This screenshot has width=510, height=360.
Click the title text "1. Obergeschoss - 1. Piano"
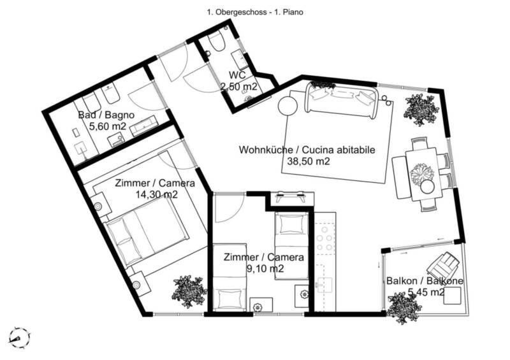click(255, 12)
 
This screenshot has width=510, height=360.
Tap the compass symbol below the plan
click(20, 338)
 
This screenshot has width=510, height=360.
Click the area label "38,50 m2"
click(309, 161)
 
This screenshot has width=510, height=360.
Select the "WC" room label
click(237, 75)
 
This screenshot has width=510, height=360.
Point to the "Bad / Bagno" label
click(106, 115)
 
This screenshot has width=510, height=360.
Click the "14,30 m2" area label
click(156, 194)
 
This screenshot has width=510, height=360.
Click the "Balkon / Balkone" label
click(425, 280)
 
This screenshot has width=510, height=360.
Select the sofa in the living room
click(342, 99)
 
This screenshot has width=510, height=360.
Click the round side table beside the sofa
click(288, 106)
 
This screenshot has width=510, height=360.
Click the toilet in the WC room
click(217, 42)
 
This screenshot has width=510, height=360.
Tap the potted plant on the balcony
click(404, 307)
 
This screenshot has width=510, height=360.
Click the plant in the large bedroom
click(189, 291)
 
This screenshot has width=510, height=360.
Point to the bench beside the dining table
click(400, 178)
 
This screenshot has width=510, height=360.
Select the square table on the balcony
click(453, 295)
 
